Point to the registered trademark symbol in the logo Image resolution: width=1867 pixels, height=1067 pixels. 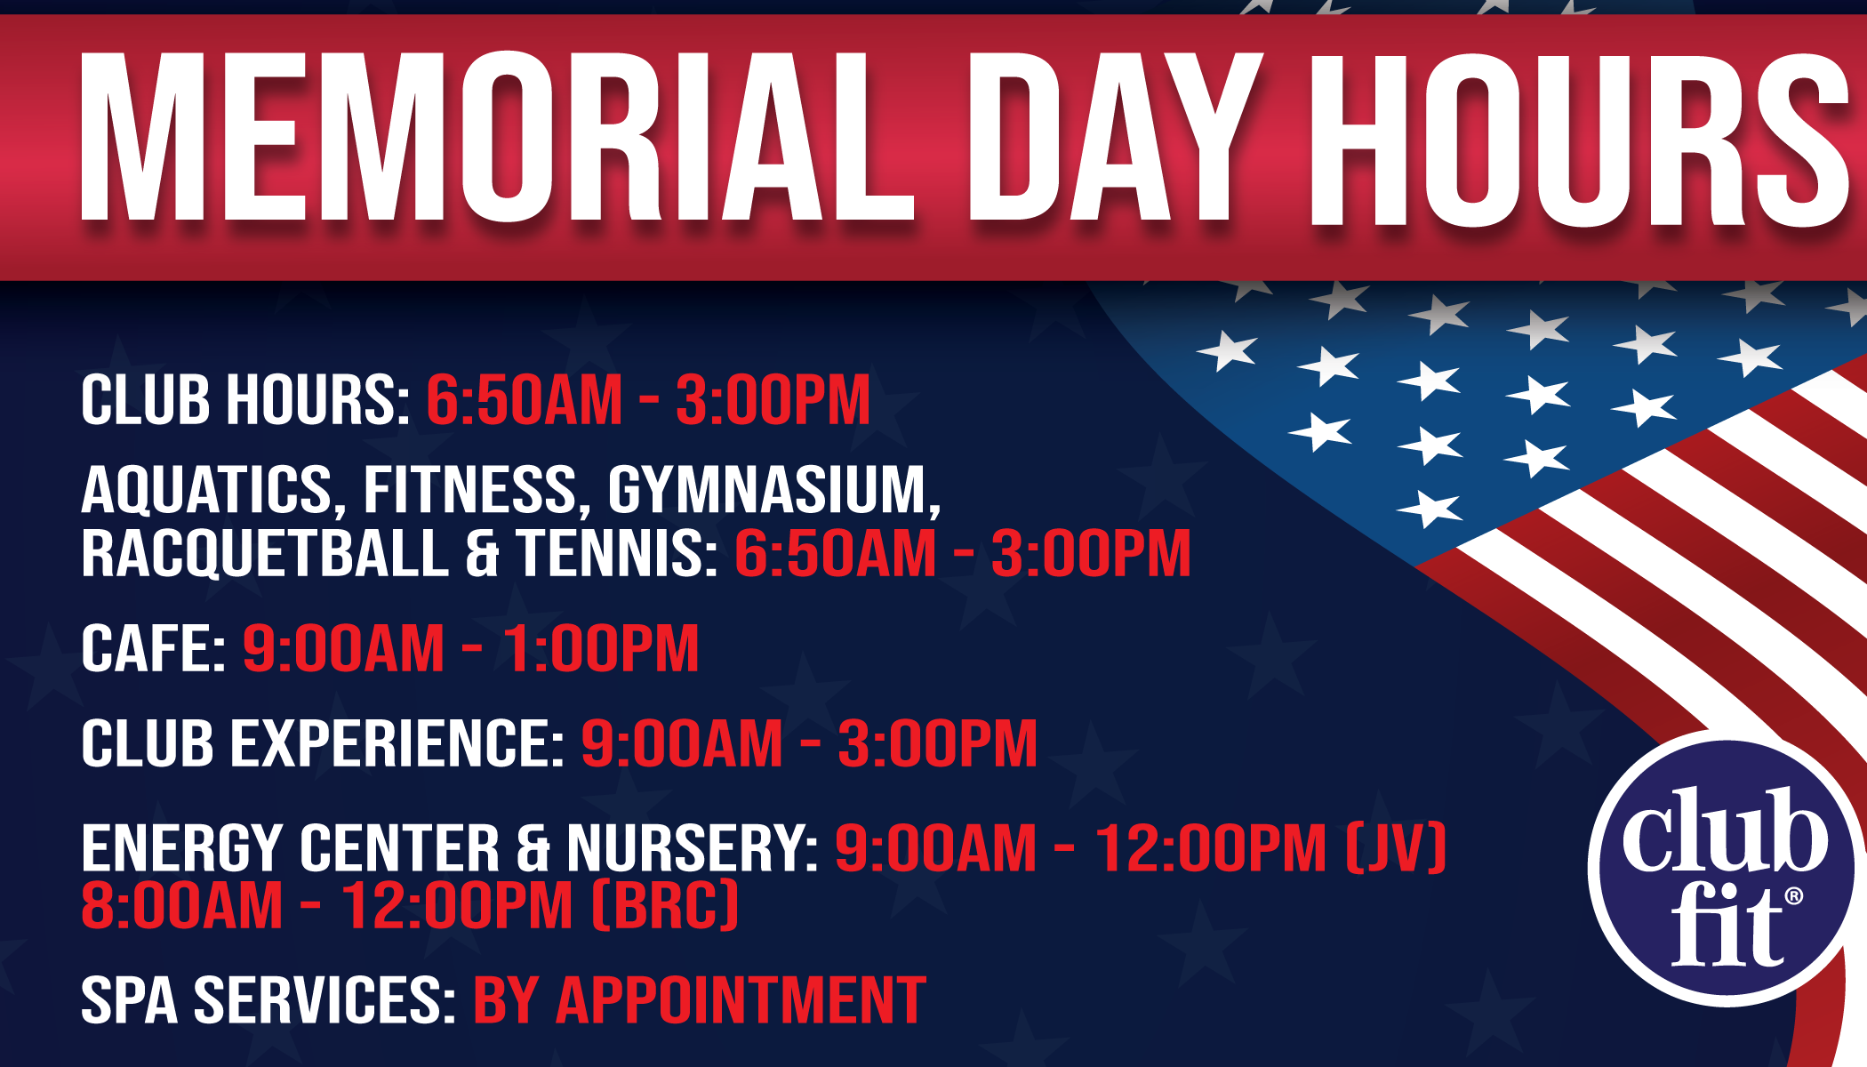pyautogui.click(x=1794, y=896)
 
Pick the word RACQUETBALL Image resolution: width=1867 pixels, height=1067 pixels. pyautogui.click(x=265, y=554)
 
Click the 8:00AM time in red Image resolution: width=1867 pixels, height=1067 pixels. pyautogui.click(x=181, y=906)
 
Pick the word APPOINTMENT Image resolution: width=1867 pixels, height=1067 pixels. pyautogui.click(x=741, y=1000)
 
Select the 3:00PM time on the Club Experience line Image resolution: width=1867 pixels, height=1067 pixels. pyautogui.click(x=938, y=743)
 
